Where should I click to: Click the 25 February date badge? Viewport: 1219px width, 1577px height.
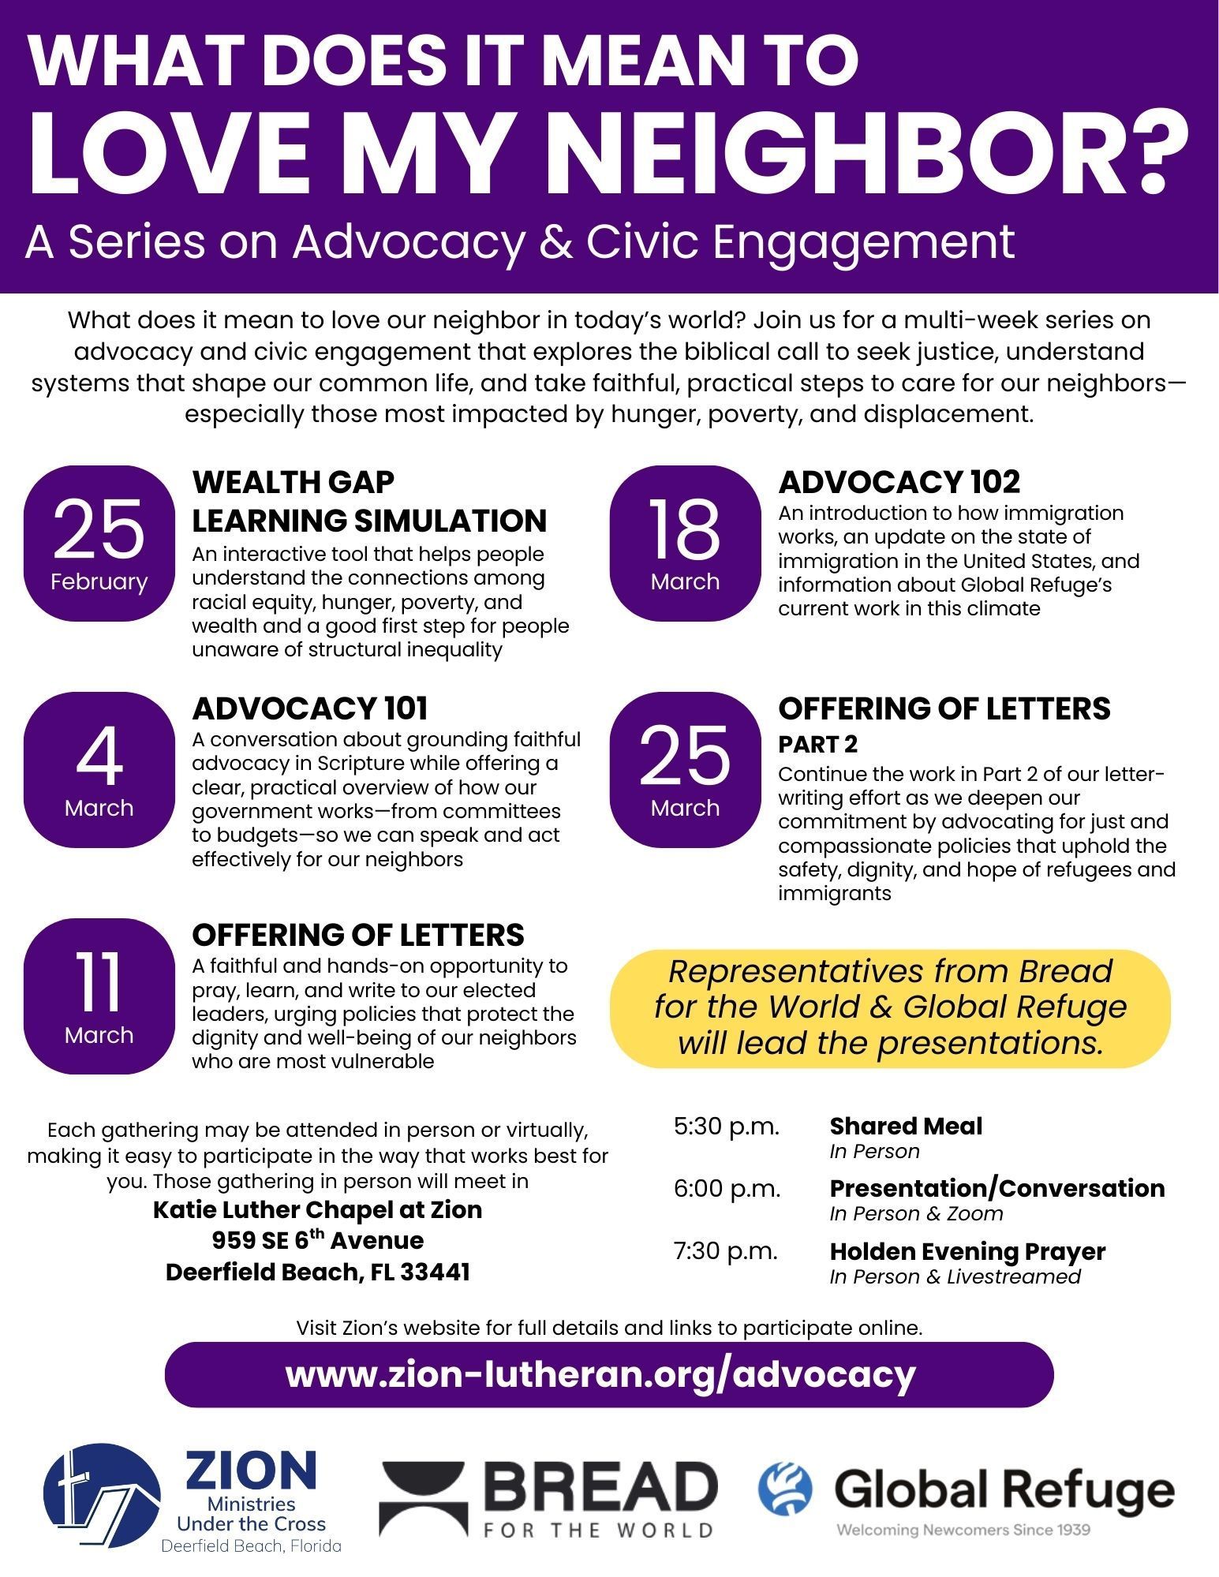[99, 543]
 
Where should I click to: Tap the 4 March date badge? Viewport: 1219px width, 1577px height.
[99, 769]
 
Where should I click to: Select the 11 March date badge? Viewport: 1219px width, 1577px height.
[99, 996]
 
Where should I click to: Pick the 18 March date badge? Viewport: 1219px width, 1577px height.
[685, 543]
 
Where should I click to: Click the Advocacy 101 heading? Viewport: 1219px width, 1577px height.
[310, 708]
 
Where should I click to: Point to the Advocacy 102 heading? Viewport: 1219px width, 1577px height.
[899, 482]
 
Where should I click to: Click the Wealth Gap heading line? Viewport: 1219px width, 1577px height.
[294, 482]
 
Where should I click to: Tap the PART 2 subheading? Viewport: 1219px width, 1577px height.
[817, 744]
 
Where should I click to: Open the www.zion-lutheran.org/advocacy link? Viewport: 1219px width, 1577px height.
[600, 1374]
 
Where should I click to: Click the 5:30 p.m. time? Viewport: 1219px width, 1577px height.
[726, 1126]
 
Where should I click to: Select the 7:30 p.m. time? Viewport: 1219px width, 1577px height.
[726, 1251]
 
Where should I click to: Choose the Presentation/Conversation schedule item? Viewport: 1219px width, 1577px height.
[997, 1188]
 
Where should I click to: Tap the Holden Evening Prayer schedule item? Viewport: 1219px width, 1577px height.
[967, 1251]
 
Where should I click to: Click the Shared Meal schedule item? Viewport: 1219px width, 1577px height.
[906, 1126]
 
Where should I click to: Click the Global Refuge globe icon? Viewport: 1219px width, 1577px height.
[784, 1488]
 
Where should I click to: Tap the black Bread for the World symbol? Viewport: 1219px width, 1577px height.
[424, 1497]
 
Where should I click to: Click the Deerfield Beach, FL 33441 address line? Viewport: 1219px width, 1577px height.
[317, 1272]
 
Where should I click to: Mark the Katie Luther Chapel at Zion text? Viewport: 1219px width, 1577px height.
[317, 1209]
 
